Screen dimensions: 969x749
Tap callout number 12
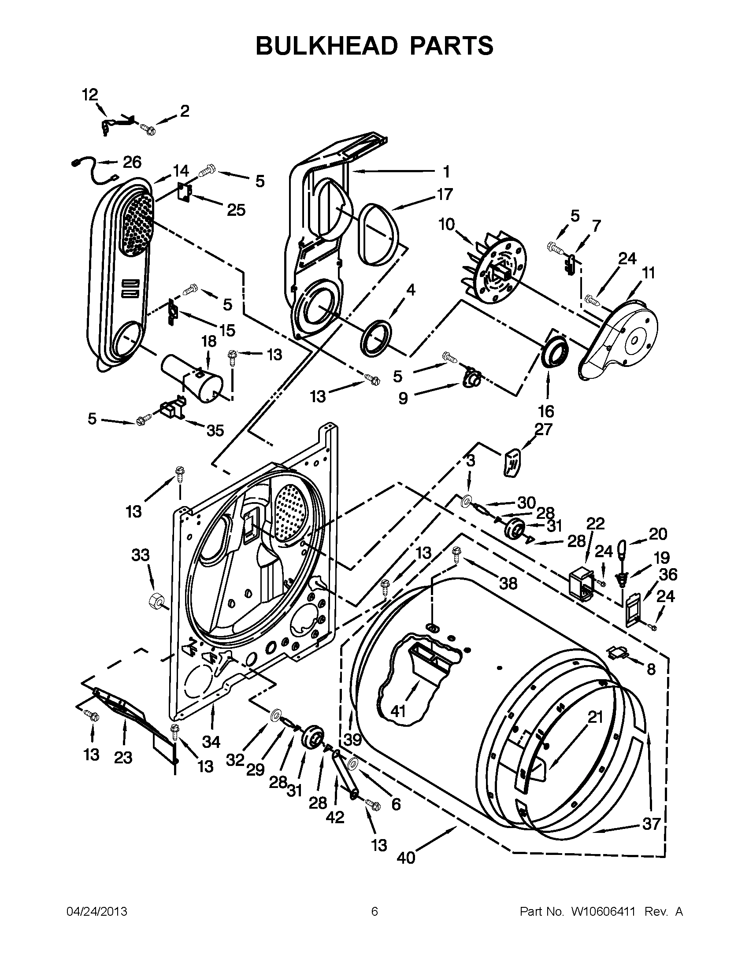click(89, 95)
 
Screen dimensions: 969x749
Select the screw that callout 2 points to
click(147, 129)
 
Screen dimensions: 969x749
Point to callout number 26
click(132, 163)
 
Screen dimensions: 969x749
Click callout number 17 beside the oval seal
click(444, 194)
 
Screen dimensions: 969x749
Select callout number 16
click(546, 411)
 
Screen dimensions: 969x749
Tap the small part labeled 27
click(512, 462)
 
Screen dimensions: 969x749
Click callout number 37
click(651, 824)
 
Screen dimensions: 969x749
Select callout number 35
click(215, 430)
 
